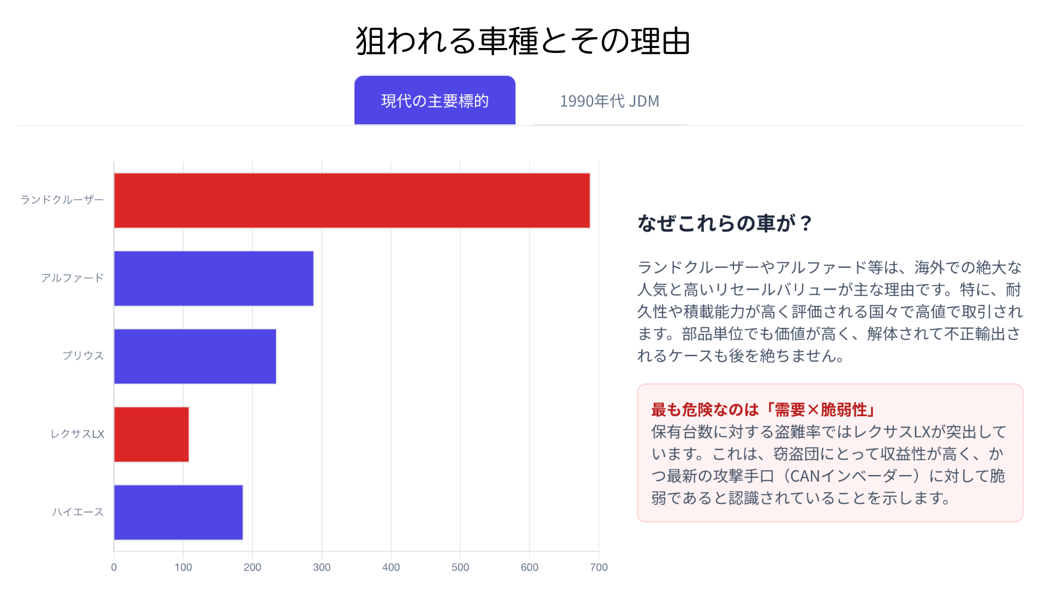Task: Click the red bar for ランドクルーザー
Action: pos(352,200)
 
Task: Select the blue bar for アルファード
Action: pos(213,278)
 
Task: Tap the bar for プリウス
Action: pos(195,356)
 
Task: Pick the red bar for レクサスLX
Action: pos(151,434)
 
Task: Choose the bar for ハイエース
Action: pos(178,512)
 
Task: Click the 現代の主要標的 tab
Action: pos(435,101)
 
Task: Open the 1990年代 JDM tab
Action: pos(609,101)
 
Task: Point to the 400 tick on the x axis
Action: pos(391,567)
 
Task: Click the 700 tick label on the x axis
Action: pos(598,567)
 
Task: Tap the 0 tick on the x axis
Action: pos(114,567)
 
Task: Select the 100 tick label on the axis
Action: pos(183,567)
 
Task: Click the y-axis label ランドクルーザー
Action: pos(62,200)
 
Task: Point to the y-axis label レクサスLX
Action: pos(77,434)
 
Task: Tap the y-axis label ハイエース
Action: pos(77,512)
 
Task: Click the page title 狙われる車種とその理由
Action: pos(523,41)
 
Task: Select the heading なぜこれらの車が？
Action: pos(725,223)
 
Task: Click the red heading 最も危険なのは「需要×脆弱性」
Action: pos(763,410)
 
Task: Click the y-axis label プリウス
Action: pos(83,356)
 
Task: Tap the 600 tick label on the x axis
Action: pos(529,567)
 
